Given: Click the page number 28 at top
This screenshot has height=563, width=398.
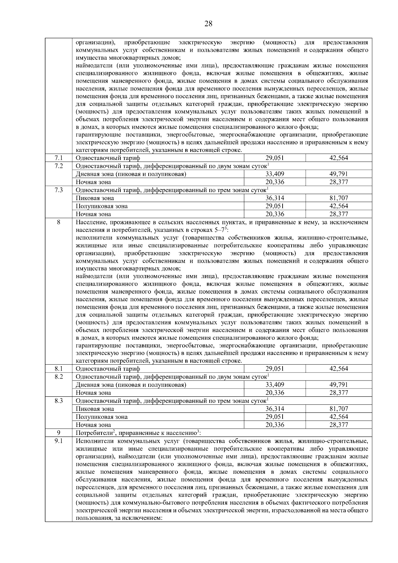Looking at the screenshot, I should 208,24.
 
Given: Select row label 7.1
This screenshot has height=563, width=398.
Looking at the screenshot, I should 59,158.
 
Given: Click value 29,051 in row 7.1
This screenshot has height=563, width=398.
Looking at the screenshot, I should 275,158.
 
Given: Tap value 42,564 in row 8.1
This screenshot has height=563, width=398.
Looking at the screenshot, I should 339,369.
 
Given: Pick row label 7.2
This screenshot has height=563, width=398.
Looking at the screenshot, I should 59,166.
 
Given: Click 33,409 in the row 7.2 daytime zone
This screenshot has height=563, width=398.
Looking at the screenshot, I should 275,174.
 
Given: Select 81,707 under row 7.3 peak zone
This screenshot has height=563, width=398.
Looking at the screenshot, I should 339,198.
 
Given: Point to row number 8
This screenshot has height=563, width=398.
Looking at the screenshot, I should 59,222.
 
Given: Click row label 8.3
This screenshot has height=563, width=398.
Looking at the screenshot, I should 59,400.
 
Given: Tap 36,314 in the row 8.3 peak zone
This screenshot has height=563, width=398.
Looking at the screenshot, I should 275,409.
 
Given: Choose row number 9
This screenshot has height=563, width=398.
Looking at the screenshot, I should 59,433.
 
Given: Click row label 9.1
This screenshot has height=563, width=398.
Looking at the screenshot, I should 59,441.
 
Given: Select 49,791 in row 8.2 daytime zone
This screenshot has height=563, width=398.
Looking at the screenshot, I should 339,385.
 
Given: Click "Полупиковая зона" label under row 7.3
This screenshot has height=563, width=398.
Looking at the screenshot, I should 102,206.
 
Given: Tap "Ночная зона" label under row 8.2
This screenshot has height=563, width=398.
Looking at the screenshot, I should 94,393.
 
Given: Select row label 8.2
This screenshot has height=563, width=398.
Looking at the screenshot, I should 59,377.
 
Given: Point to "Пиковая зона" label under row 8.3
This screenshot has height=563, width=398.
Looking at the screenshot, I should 95,409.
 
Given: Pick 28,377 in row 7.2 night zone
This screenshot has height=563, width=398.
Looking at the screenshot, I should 339,182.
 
